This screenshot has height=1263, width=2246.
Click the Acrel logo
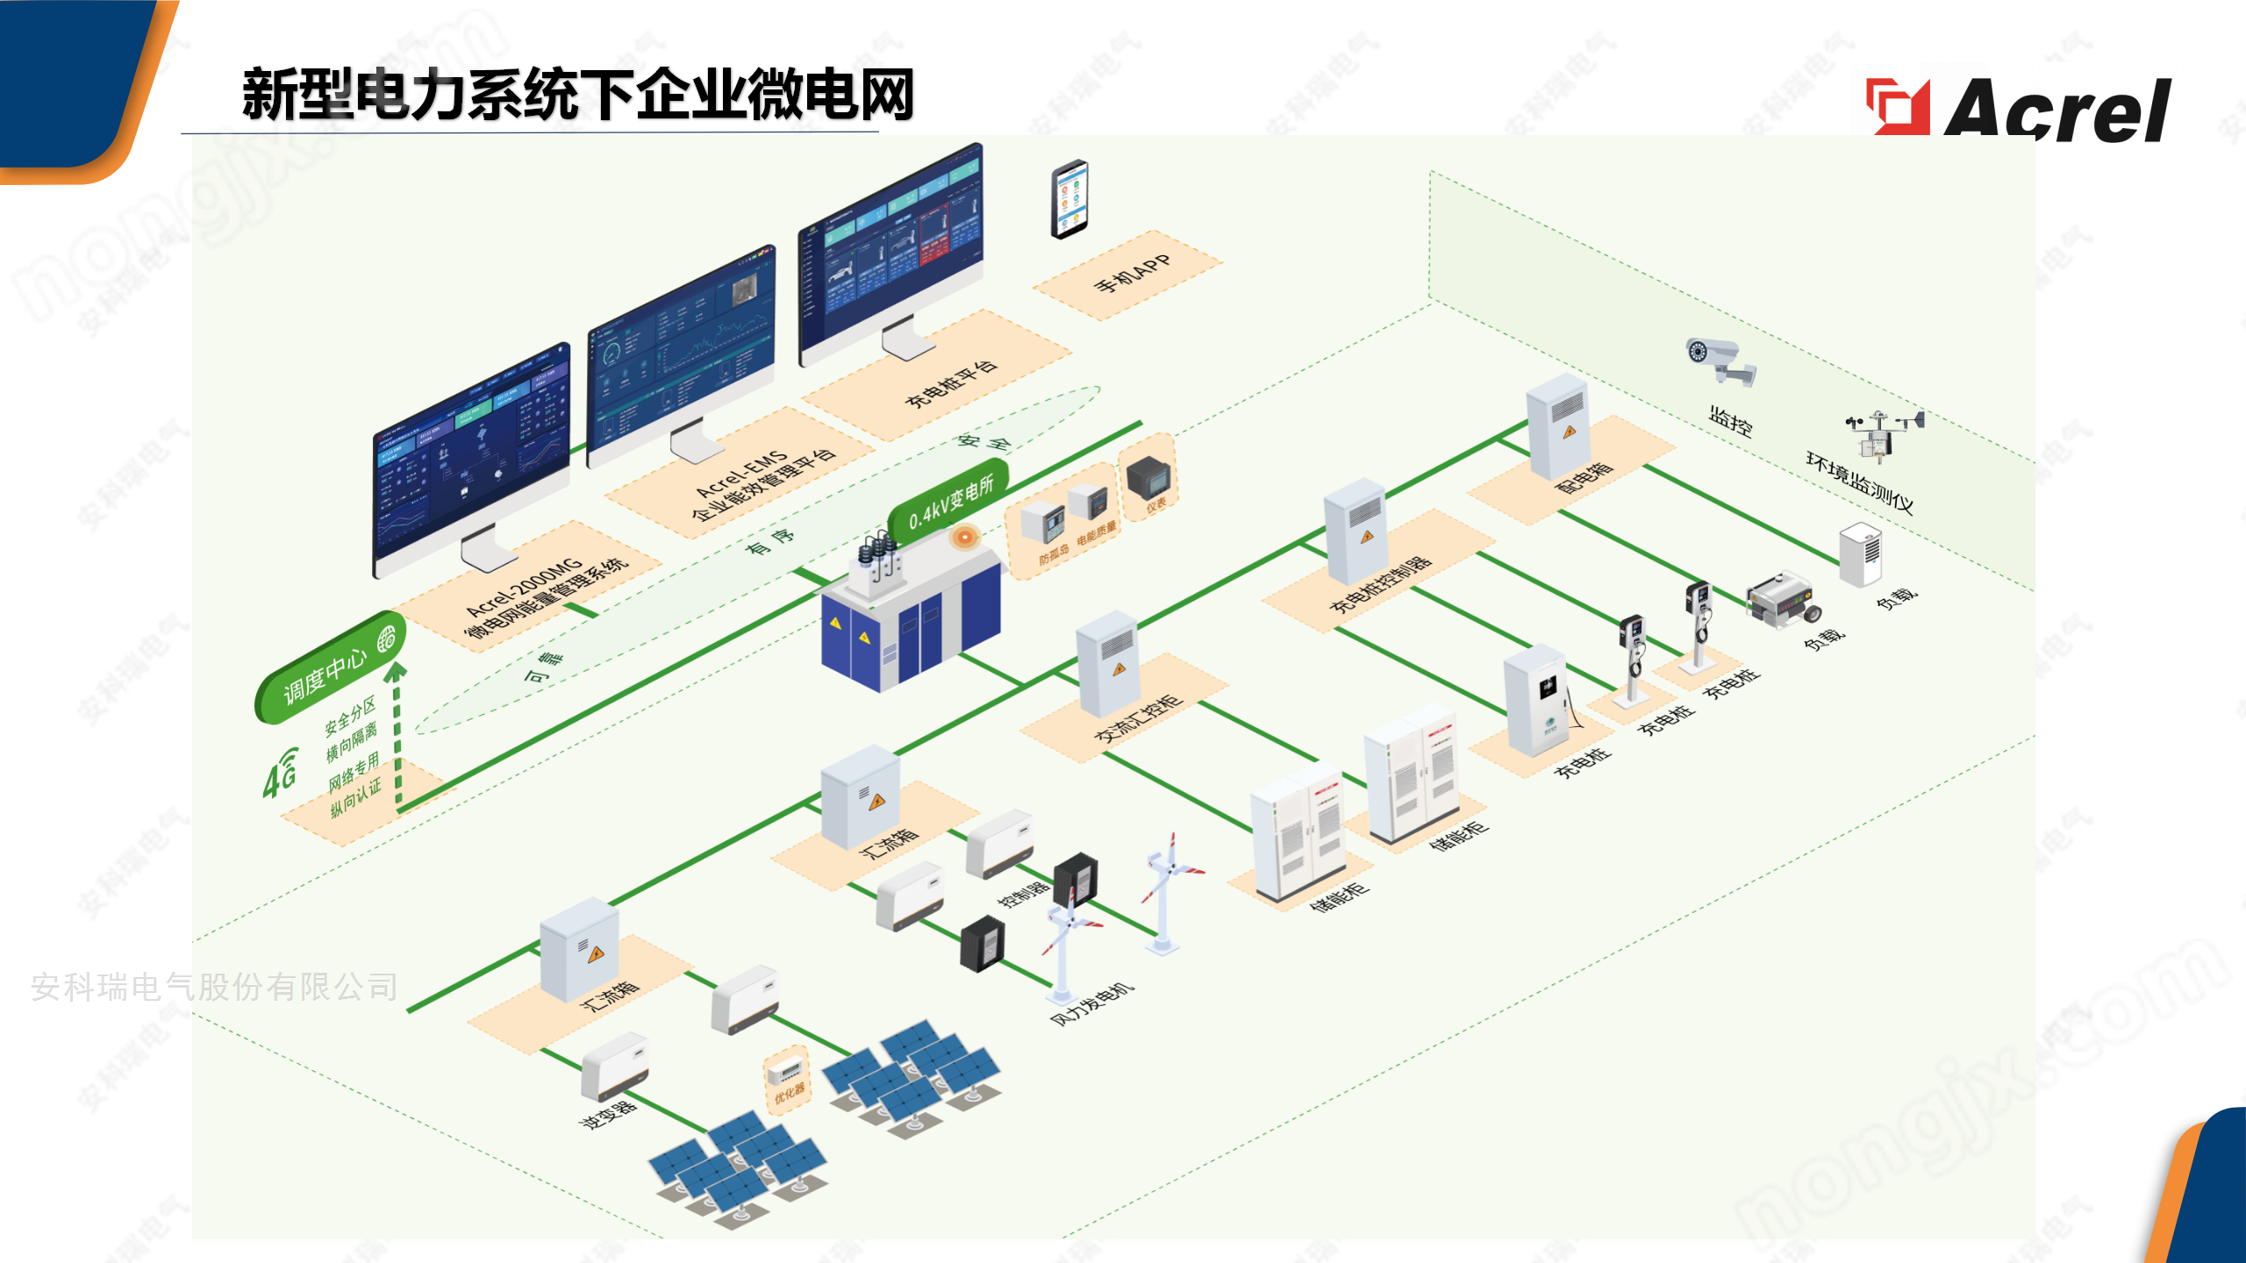tap(2018, 109)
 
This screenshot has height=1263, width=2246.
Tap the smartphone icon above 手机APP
tap(1069, 198)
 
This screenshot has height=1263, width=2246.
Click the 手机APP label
tap(1132, 275)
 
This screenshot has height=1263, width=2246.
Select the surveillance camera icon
tap(1720, 360)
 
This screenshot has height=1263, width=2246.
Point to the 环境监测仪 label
tap(1859, 482)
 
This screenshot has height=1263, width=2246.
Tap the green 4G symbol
tap(281, 773)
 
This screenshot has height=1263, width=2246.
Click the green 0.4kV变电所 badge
tap(949, 503)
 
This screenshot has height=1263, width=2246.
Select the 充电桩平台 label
tap(951, 383)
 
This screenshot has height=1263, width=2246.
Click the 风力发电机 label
tap(1091, 1005)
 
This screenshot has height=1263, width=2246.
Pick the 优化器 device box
tap(786, 1081)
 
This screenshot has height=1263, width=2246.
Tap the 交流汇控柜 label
tap(1138, 719)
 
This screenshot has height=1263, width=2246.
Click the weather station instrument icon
tap(1883, 434)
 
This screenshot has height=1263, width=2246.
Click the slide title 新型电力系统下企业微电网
tap(578, 95)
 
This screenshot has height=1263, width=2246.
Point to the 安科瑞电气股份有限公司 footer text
tap(214, 988)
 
